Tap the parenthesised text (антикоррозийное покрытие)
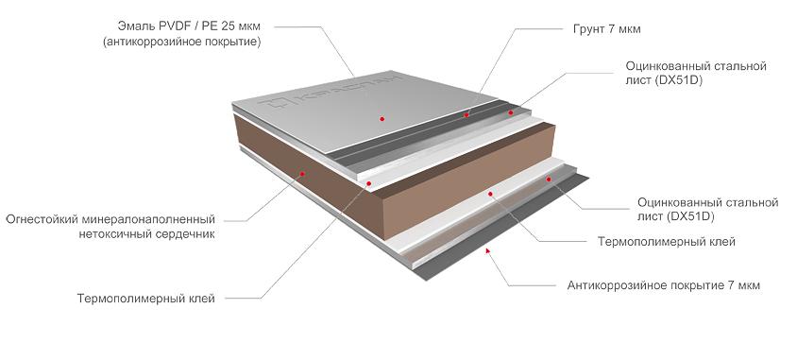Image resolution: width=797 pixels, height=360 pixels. (181, 42)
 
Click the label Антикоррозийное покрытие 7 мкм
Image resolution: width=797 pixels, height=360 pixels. (664, 285)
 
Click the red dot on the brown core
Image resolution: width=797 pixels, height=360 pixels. (302, 174)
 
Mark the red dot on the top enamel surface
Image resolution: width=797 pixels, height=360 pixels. (382, 119)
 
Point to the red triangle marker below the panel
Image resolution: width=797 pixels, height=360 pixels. (488, 249)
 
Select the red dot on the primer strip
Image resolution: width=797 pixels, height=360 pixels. (466, 115)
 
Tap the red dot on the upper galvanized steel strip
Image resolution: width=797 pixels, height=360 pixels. (511, 112)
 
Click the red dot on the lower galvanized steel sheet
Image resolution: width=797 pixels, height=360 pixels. (549, 179)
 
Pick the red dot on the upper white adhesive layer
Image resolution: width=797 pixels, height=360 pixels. (369, 183)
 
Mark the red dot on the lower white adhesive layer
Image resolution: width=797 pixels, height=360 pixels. (490, 194)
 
